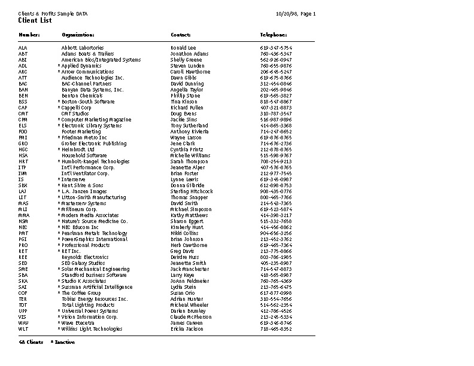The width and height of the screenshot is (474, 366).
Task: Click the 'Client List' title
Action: (x=35, y=20)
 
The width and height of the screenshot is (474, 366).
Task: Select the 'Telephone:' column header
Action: (x=274, y=35)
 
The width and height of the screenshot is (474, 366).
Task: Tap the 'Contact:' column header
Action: (x=181, y=35)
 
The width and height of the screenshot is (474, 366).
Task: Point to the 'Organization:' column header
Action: (x=78, y=35)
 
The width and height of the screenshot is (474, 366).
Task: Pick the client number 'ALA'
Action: (x=23, y=48)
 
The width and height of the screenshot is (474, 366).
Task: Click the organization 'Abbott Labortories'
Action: (x=83, y=48)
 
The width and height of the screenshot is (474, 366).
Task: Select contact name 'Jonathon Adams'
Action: (x=190, y=54)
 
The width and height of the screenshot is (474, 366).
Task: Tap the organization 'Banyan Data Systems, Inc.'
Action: (x=92, y=90)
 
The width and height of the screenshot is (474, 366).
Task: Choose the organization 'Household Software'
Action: (x=84, y=155)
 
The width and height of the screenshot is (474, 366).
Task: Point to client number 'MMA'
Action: (x=23, y=215)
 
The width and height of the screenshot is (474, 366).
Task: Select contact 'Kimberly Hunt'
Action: (x=187, y=227)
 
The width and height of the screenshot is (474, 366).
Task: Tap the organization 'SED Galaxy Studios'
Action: (x=83, y=263)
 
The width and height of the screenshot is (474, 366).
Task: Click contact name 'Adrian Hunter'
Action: (x=187, y=299)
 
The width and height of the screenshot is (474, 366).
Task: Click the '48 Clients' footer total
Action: (x=31, y=342)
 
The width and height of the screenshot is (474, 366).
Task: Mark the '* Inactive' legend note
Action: (x=63, y=342)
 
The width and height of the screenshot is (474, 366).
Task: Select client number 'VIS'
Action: (x=23, y=317)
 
